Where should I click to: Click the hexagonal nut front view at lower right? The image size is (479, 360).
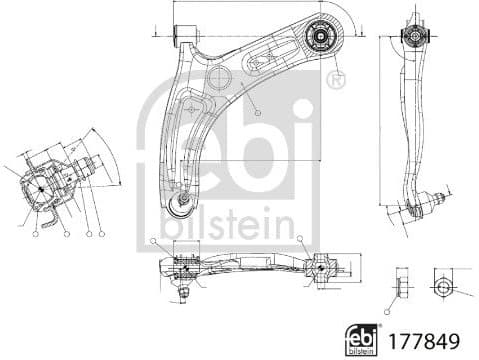(x=442, y=286)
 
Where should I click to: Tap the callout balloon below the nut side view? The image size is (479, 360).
(x=390, y=311)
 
